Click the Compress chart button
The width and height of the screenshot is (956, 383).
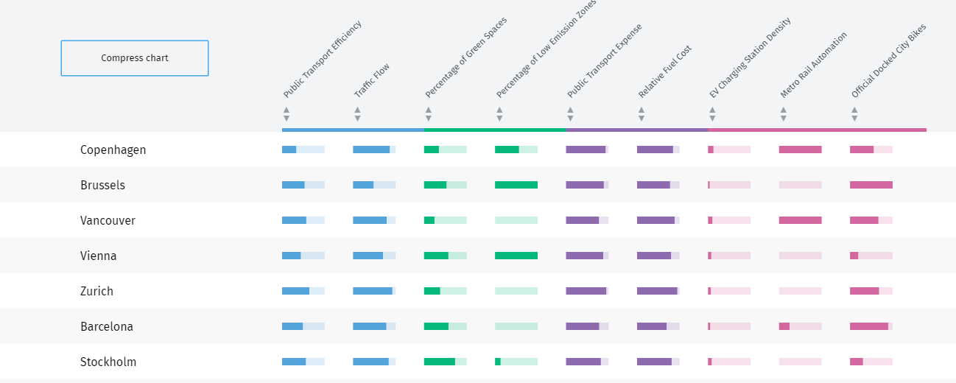(x=135, y=58)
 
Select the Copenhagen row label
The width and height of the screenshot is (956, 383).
(x=113, y=150)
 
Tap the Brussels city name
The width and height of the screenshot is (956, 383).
(x=102, y=185)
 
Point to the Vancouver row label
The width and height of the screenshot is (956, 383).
(x=108, y=220)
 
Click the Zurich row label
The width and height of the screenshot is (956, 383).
(x=96, y=291)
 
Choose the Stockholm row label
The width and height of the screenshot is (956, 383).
(x=108, y=362)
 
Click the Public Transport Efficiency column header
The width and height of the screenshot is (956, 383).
(x=323, y=60)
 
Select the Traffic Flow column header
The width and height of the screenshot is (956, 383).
(x=372, y=80)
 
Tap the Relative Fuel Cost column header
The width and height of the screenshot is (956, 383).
(x=665, y=71)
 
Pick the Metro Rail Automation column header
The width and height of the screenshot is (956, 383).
(x=814, y=65)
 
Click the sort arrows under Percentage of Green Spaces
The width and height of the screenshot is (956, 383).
(x=428, y=114)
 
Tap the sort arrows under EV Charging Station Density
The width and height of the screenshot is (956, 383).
(x=712, y=114)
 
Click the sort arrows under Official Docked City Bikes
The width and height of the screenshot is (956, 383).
(x=854, y=114)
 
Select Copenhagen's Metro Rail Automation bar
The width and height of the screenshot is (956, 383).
(x=800, y=150)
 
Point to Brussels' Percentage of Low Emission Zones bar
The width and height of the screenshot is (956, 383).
(x=516, y=185)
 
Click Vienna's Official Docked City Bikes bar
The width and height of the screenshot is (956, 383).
(x=871, y=256)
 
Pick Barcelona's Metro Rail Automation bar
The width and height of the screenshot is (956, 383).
(x=800, y=326)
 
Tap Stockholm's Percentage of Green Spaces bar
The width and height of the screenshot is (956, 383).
(x=445, y=362)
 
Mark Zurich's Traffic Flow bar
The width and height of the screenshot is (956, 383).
(x=374, y=291)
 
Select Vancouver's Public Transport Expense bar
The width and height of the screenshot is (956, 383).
(x=587, y=220)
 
